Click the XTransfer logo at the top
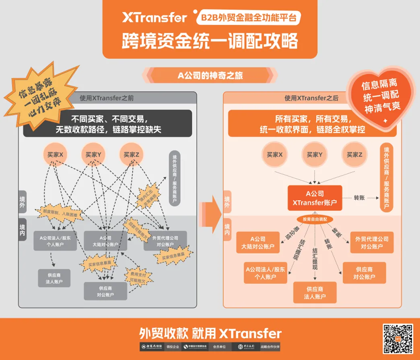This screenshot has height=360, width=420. click(x=155, y=17)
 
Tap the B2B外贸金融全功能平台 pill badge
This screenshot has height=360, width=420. click(x=248, y=18)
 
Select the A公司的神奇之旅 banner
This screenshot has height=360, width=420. click(x=210, y=75)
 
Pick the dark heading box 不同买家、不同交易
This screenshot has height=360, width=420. click(x=107, y=124)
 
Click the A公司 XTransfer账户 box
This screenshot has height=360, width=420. click(x=315, y=198)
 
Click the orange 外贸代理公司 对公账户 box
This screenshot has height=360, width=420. click(x=372, y=242)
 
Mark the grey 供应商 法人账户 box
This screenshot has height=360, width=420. click(x=54, y=278)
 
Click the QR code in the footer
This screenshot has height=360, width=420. click(x=397, y=339)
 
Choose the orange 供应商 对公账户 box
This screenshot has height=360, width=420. click(x=364, y=273)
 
